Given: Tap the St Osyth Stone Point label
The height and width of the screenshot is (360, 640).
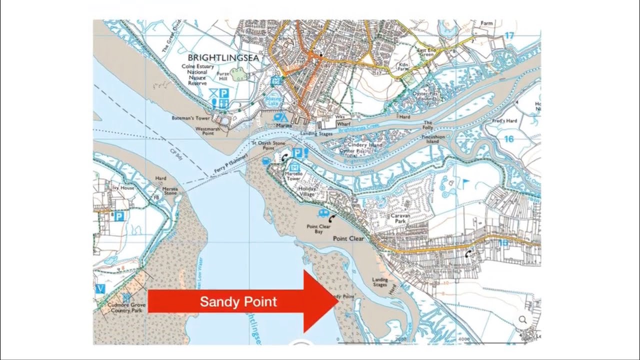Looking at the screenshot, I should point(268,145).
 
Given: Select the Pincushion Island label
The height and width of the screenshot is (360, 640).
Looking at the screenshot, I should point(433,138).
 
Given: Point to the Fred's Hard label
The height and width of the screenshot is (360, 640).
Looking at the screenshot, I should point(504,121).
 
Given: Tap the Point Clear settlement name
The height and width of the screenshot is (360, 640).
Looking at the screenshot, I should point(348,239).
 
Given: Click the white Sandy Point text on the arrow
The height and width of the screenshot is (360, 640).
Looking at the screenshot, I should point(238,302).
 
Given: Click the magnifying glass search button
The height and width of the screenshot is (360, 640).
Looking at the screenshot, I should point(523,320).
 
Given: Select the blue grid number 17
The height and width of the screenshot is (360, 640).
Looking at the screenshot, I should point(509,36).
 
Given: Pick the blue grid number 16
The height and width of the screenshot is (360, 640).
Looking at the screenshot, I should point(508,139).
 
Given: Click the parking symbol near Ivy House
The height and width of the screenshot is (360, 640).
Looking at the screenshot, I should point(119,216).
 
